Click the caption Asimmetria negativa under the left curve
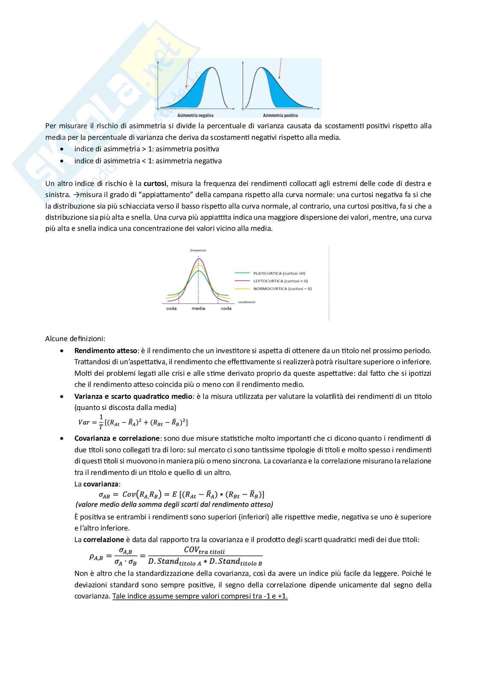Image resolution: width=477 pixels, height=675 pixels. (195, 115)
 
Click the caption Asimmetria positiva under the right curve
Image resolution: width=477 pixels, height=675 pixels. (280, 115)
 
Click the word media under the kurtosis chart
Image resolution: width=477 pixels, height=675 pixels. (198, 308)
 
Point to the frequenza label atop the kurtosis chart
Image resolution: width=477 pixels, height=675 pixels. (198, 250)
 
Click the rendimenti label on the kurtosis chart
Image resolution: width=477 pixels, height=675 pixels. (247, 302)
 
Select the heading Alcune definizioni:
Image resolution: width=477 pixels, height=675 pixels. (75, 339)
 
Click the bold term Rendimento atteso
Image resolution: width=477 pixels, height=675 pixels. (105, 351)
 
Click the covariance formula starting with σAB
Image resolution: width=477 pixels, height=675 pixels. (181, 494)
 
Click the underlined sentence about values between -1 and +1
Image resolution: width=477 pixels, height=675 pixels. (200, 596)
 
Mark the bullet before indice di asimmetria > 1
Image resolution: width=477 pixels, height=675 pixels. (63, 149)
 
